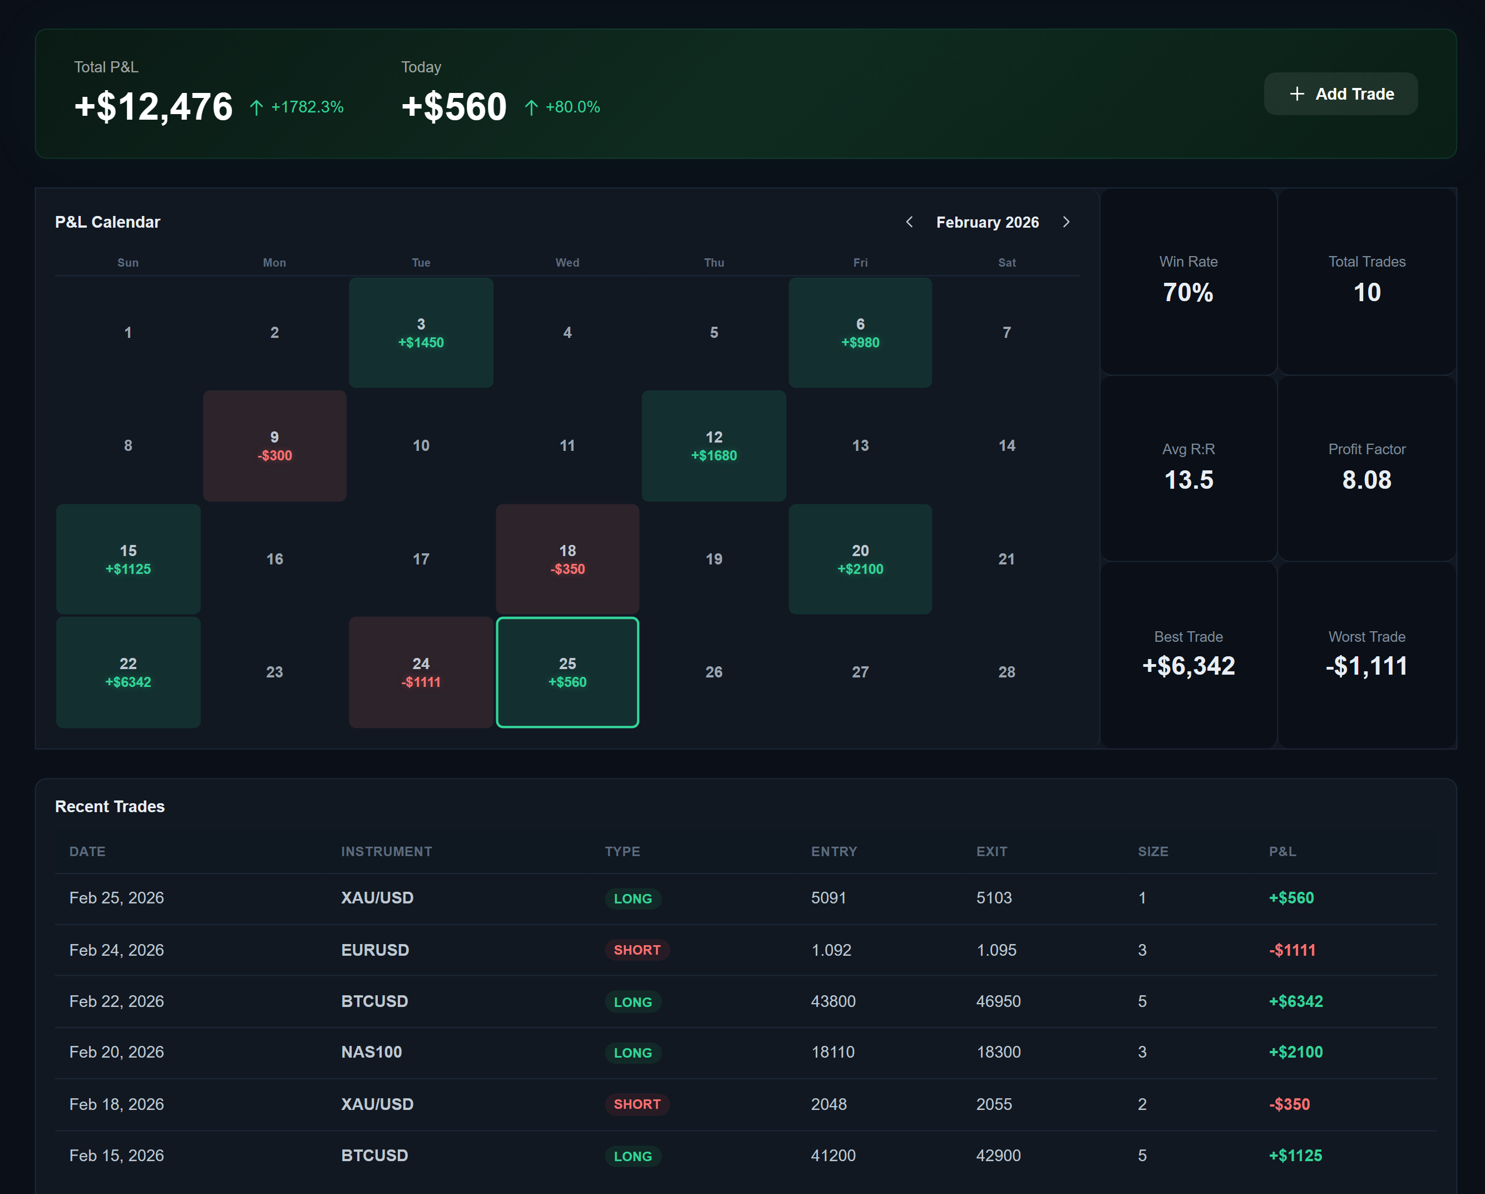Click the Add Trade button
[x=1340, y=94]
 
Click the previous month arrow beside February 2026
[x=909, y=222]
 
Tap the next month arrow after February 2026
[x=1066, y=222]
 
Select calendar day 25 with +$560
[x=567, y=672]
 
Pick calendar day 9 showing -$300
[x=274, y=446]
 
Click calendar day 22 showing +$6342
[x=128, y=672]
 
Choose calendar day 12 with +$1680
[x=714, y=446]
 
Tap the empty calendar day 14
[x=1007, y=446]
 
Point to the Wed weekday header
[x=567, y=263]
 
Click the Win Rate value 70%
[x=1188, y=292]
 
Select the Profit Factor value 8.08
[x=1366, y=479]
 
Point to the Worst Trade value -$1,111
[x=1366, y=666]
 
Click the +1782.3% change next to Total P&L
[x=307, y=107]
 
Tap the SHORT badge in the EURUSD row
[x=637, y=950]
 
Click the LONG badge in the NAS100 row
[x=632, y=1052]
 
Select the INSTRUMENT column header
[x=386, y=851]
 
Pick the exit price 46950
[x=998, y=1000]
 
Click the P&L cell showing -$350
[x=1289, y=1104]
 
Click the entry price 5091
[x=828, y=897]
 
